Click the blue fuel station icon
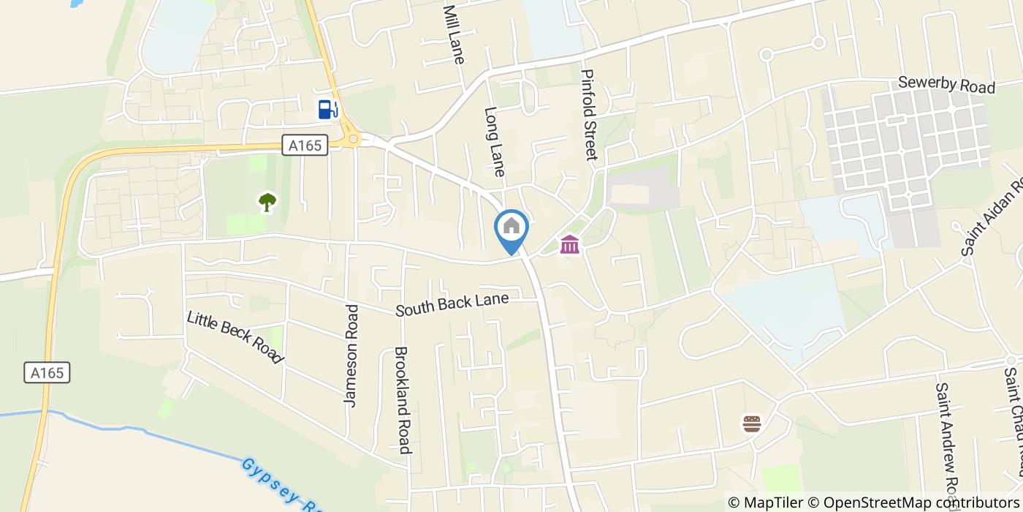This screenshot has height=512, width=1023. pyautogui.click(x=328, y=110)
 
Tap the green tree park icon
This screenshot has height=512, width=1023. pyautogui.click(x=267, y=202)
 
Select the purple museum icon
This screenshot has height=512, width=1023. pyautogui.click(x=570, y=244)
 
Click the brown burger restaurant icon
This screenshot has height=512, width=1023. pyautogui.click(x=752, y=423)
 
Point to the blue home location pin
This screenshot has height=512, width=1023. pyautogui.click(x=512, y=230)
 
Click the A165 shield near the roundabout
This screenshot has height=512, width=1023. pyautogui.click(x=305, y=146)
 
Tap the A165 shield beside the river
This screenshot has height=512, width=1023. pyautogui.click(x=47, y=372)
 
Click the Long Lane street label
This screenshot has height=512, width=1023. pyautogui.click(x=495, y=143)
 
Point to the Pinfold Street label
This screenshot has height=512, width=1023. pyautogui.click(x=590, y=115)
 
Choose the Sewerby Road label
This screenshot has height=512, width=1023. pyautogui.click(x=946, y=85)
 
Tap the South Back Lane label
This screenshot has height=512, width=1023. pyautogui.click(x=452, y=305)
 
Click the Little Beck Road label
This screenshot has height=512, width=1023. pyautogui.click(x=235, y=337)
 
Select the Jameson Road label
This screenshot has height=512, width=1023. pyautogui.click(x=351, y=355)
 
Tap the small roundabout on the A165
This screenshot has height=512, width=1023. pyautogui.click(x=354, y=138)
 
